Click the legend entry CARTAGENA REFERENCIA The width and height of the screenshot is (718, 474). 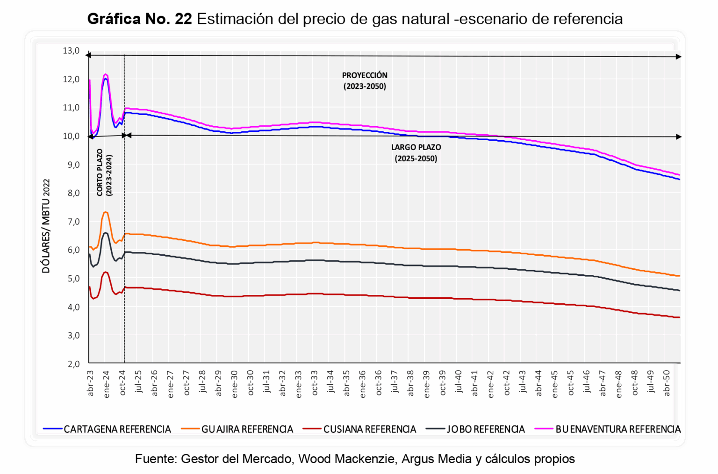pyautogui.click(x=117, y=429)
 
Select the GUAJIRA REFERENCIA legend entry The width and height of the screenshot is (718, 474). pyautogui.click(x=247, y=429)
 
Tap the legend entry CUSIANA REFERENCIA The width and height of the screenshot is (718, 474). pyautogui.click(x=369, y=429)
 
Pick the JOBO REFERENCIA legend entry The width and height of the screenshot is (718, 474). pyautogui.click(x=486, y=429)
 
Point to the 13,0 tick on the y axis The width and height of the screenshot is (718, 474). pyautogui.click(x=72, y=51)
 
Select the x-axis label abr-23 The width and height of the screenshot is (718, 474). pyautogui.click(x=91, y=383)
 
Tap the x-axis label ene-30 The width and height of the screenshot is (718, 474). pyautogui.click(x=235, y=383)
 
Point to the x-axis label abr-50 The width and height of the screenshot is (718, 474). pyautogui.click(x=667, y=383)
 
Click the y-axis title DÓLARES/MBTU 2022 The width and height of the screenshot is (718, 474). pyautogui.click(x=46, y=226)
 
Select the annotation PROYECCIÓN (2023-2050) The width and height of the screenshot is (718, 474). pyautogui.click(x=365, y=80)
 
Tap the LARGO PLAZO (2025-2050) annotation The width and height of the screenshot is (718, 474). pyautogui.click(x=416, y=152)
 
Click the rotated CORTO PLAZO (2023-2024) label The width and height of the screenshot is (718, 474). pyautogui.click(x=104, y=172)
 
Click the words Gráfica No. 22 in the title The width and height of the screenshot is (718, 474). pyautogui.click(x=139, y=19)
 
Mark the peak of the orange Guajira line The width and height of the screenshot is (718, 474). pyautogui.click(x=106, y=212)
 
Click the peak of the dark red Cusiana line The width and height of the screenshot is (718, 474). pyautogui.click(x=106, y=272)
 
